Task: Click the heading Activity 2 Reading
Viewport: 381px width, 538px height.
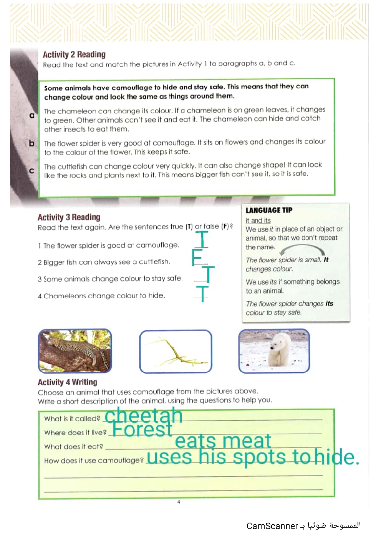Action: tap(74, 55)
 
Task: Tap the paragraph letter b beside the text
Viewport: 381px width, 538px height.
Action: tap(31, 143)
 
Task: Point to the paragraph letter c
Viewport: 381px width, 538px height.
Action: tap(31, 171)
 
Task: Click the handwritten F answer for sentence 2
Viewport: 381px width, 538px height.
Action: tap(197, 257)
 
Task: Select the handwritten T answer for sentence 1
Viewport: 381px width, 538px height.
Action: tap(202, 239)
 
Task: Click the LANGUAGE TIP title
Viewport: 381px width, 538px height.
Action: tap(269, 210)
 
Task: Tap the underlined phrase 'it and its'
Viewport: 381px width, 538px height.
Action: tap(258, 220)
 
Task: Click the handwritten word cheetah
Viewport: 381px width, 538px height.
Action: tap(144, 416)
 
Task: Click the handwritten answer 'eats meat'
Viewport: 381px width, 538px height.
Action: tap(223, 441)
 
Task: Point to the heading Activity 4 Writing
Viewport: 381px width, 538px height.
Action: tap(67, 382)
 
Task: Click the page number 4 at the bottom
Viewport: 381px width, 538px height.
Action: tap(179, 502)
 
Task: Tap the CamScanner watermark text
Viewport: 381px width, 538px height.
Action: tap(303, 526)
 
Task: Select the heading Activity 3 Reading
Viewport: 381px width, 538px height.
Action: tap(69, 217)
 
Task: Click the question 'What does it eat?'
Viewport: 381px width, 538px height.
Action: tap(73, 446)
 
